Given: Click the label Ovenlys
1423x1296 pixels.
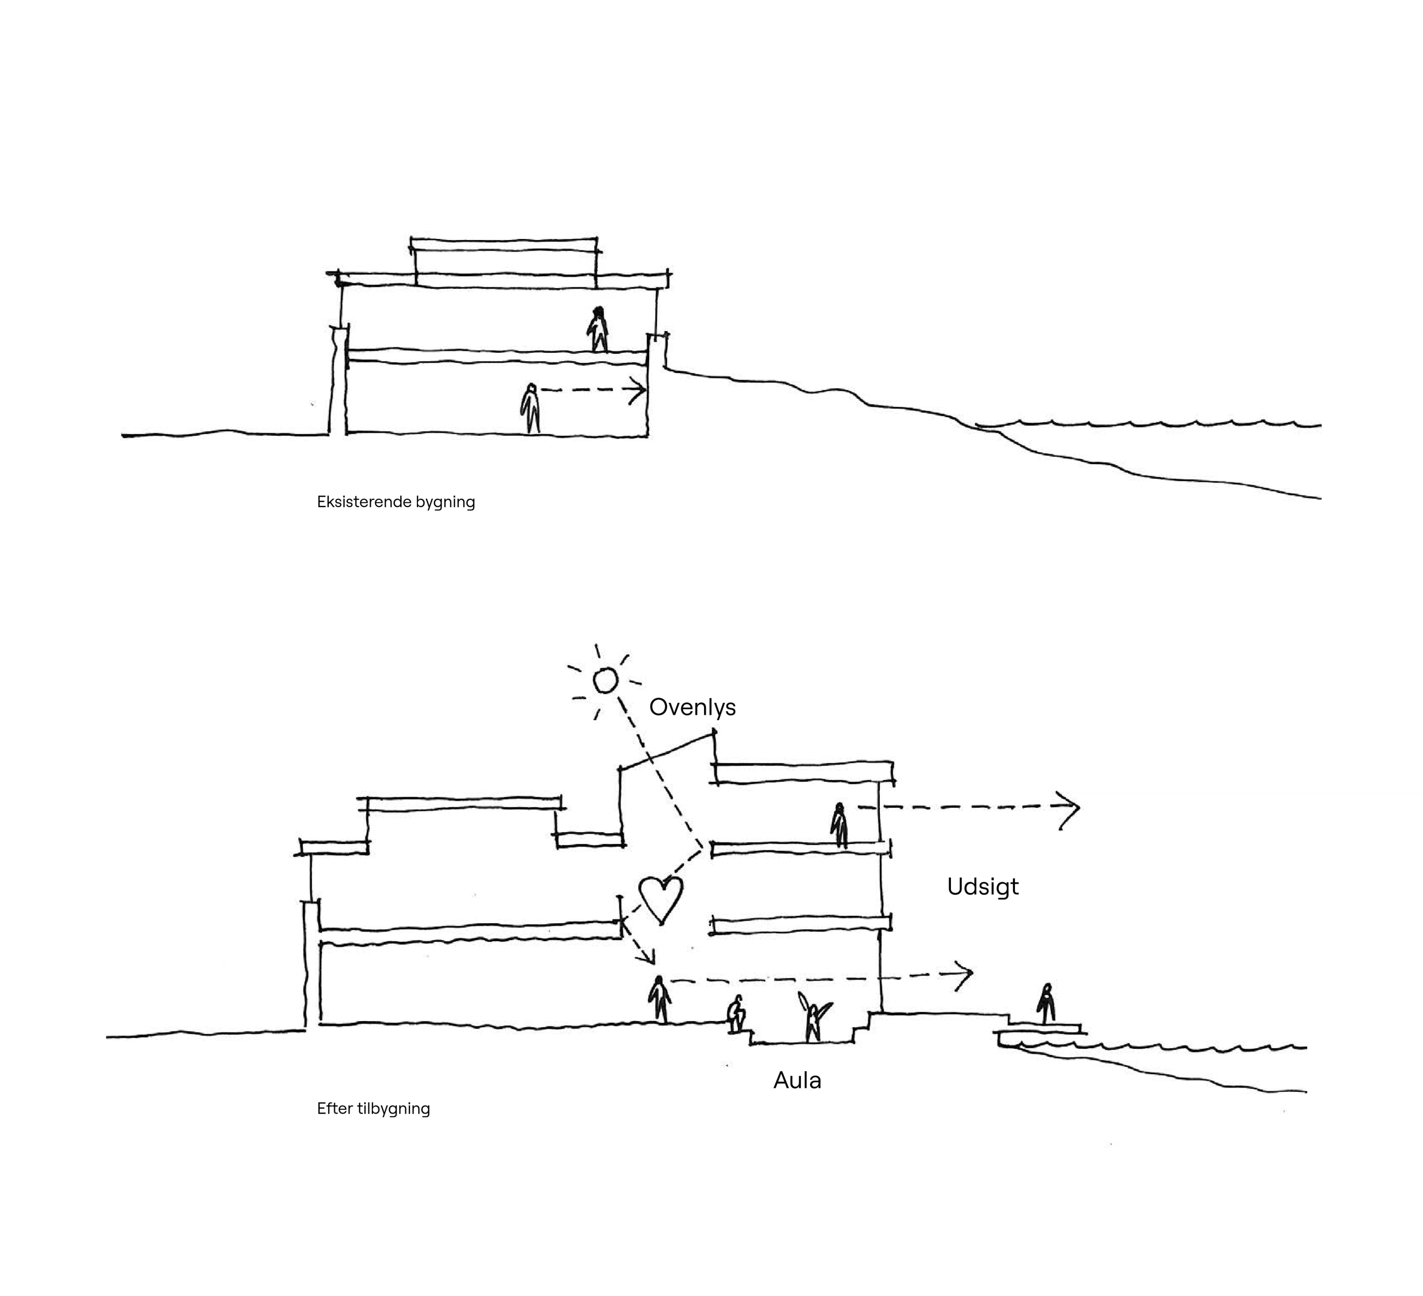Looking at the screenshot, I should click(692, 707).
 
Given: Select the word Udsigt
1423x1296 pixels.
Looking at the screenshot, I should click(982, 887).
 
